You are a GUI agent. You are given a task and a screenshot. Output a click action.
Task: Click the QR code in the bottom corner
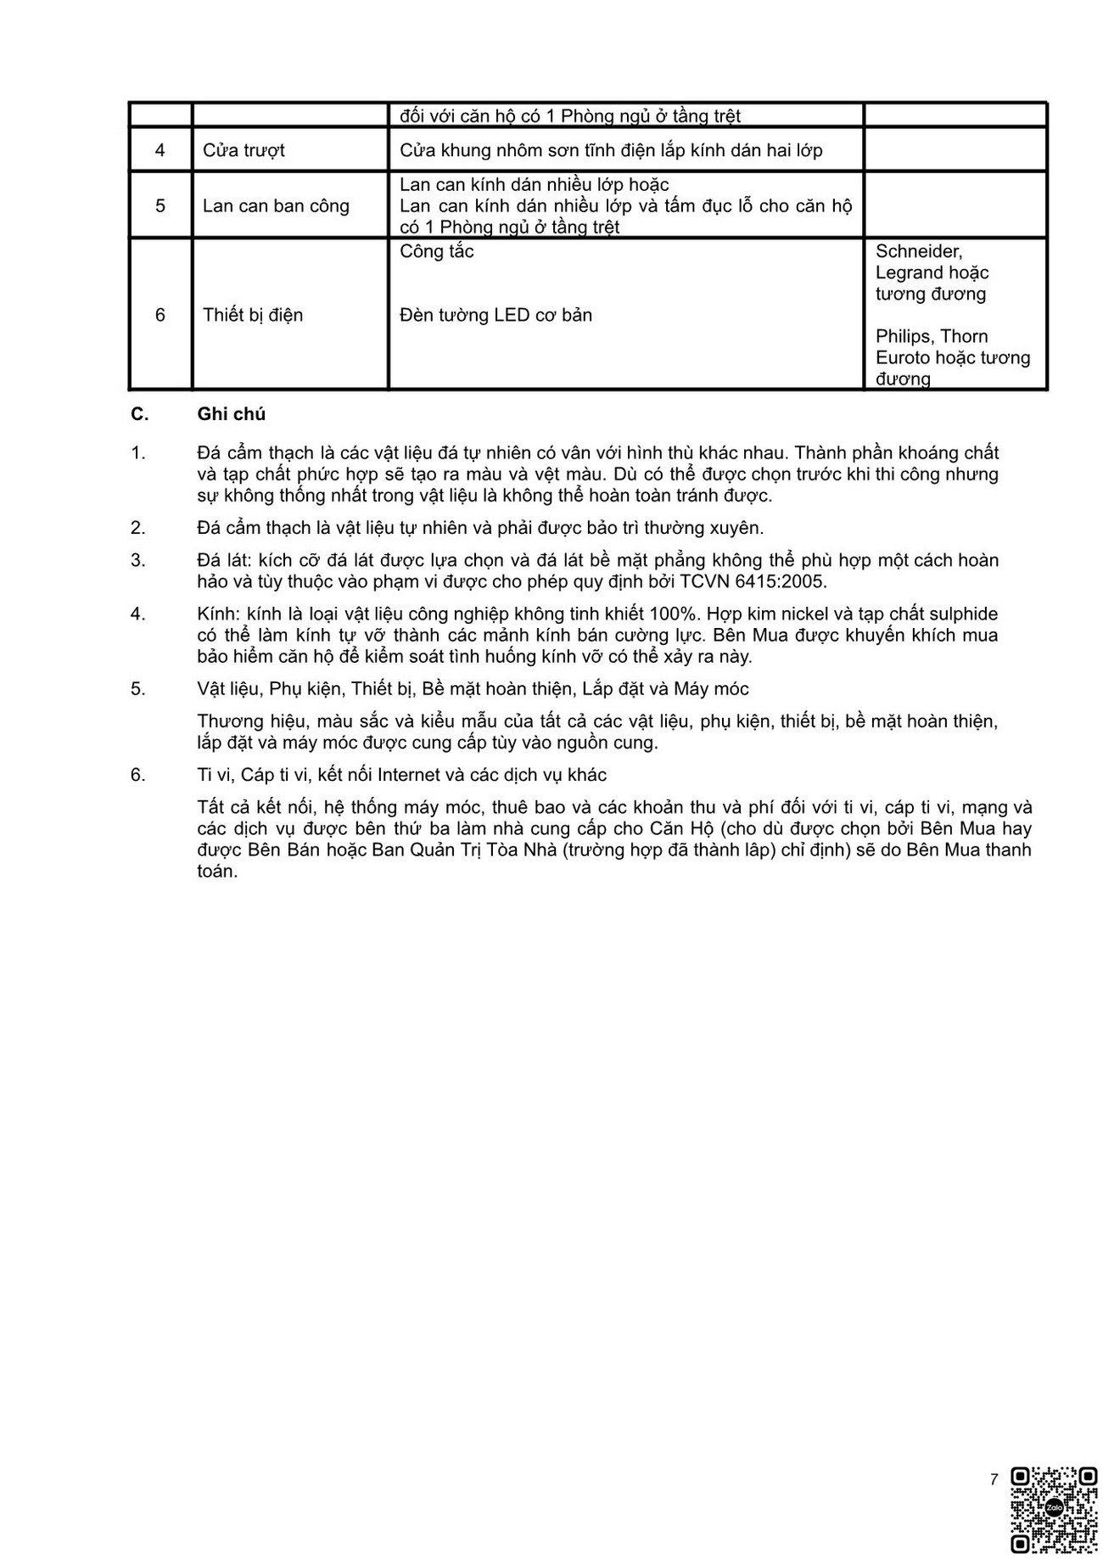click(x=1055, y=1509)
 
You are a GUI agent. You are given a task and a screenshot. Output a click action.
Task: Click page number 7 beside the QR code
click(x=994, y=1480)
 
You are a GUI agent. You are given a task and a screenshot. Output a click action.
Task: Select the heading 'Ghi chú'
click(x=232, y=414)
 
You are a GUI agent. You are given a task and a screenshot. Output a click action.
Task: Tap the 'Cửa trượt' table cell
click(x=244, y=150)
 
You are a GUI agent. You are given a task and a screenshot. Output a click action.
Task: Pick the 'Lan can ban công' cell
click(x=276, y=205)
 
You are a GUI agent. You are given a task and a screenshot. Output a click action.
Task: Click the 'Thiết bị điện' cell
click(x=253, y=315)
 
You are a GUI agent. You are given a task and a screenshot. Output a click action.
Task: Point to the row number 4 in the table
click(x=160, y=150)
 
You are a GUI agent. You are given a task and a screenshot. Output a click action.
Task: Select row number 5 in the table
click(x=160, y=205)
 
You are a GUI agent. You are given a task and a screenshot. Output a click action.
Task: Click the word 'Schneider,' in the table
click(x=919, y=251)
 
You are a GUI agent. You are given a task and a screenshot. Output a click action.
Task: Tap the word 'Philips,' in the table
click(x=905, y=336)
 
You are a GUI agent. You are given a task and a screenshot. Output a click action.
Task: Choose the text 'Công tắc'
click(x=436, y=251)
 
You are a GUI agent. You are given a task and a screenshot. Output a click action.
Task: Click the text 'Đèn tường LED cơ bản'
click(x=496, y=315)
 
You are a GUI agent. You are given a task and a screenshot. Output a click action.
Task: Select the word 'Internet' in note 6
click(x=410, y=775)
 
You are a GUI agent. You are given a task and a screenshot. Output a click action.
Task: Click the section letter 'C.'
click(x=140, y=414)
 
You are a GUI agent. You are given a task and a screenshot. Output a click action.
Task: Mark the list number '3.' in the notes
click(x=138, y=560)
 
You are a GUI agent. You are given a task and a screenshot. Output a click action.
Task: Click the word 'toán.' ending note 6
click(x=217, y=872)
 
